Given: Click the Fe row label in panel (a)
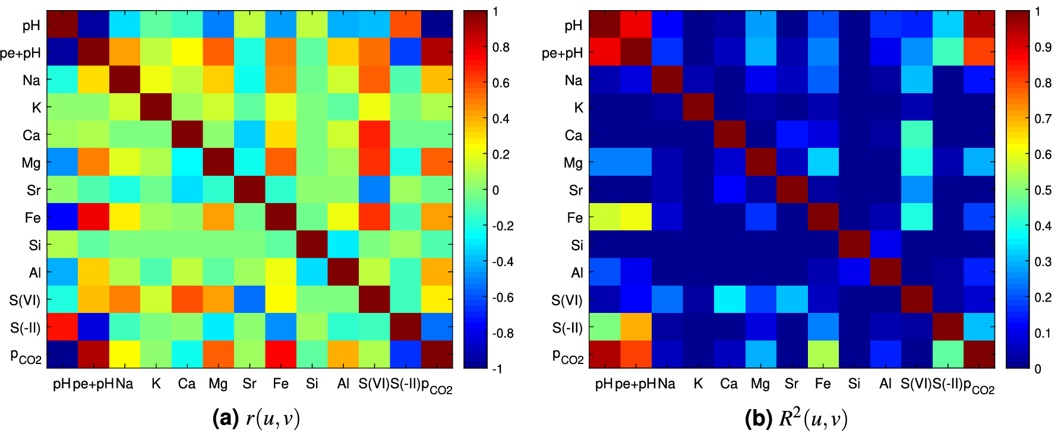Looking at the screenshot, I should [33, 218].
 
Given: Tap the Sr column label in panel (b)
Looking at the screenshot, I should [791, 384].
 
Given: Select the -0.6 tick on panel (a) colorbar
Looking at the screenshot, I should [503, 297].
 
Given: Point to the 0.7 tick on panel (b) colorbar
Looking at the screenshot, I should [1043, 119].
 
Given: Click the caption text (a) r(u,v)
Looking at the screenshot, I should [256, 419].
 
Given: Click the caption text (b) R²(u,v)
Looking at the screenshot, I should [796, 419].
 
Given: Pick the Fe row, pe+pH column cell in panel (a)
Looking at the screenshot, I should [93, 217].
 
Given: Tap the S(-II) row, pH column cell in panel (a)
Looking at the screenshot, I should [62, 327].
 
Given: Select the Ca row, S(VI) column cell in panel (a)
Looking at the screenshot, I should [374, 135].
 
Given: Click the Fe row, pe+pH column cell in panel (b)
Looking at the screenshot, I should [636, 217].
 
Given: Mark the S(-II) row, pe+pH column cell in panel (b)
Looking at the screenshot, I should [636, 327].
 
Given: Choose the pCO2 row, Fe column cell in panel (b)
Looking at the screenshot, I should [823, 354].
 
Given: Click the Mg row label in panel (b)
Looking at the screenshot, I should [573, 163].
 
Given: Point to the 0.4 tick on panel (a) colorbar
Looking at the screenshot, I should [501, 119].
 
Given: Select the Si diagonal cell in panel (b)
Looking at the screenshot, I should [854, 245].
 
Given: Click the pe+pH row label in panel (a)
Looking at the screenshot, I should [21, 53].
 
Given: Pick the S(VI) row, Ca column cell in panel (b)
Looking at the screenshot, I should [729, 300].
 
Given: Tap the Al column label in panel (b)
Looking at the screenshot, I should [885, 384].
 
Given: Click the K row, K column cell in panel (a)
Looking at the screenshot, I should [156, 107].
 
